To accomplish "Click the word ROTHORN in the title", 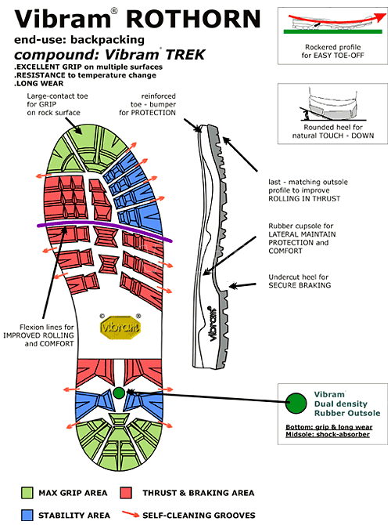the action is click(x=193, y=19).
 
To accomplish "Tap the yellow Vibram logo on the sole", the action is click(x=120, y=327).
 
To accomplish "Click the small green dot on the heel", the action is click(x=119, y=393).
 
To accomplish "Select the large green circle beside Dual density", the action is click(x=296, y=403).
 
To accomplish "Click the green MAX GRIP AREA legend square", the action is click(x=27, y=493).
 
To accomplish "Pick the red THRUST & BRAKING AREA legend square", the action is click(x=126, y=493).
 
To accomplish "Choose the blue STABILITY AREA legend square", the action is click(x=27, y=515).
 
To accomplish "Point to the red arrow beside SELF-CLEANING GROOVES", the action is click(x=131, y=514).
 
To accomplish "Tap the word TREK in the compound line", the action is click(x=185, y=55).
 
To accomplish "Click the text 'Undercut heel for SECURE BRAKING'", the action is click(x=300, y=281).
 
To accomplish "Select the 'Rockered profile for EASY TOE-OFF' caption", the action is click(x=332, y=51).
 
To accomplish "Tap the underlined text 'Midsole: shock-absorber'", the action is click(x=328, y=434).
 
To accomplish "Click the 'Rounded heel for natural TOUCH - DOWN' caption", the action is click(x=333, y=132).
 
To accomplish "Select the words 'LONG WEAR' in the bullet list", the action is click(x=40, y=83).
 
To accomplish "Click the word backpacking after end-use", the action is click(x=108, y=40).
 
